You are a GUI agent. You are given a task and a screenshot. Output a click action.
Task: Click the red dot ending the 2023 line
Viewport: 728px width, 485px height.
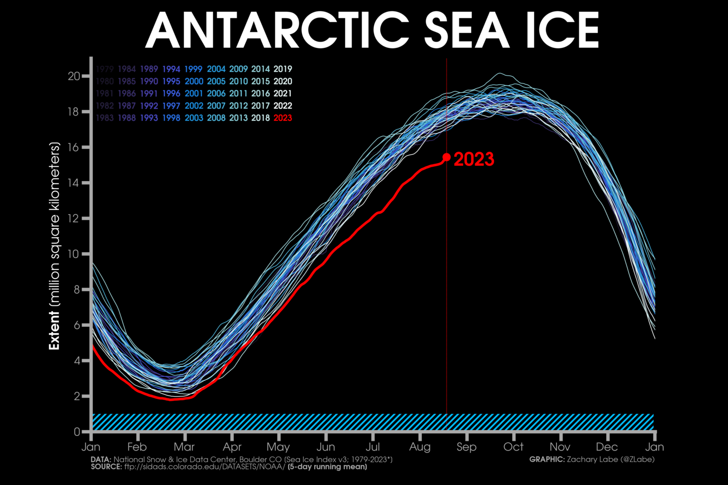(x=446, y=157)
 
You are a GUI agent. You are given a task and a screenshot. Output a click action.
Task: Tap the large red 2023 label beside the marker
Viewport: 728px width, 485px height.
(x=473, y=160)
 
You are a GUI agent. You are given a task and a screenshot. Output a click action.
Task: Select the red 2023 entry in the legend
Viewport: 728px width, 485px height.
(x=283, y=118)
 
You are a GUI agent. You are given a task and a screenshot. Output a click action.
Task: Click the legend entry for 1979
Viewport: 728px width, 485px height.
(x=105, y=69)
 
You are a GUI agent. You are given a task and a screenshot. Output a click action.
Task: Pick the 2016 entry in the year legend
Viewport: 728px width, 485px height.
(x=261, y=94)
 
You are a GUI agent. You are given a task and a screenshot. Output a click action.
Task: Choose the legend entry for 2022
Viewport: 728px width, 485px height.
(x=283, y=106)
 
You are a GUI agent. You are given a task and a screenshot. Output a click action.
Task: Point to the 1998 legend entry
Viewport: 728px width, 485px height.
(x=171, y=118)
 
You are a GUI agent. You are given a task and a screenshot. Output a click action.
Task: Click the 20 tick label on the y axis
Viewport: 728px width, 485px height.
(x=74, y=76)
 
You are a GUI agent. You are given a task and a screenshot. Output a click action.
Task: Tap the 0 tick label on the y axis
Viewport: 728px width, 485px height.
(x=77, y=432)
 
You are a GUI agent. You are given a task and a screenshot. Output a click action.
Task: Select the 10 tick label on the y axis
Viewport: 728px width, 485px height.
(x=74, y=254)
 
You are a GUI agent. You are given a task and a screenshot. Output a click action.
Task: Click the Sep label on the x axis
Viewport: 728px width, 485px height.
(x=466, y=447)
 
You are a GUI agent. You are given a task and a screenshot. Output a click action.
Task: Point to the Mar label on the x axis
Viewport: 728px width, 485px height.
(x=184, y=447)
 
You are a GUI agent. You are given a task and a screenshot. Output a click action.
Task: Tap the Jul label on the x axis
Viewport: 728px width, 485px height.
(x=373, y=447)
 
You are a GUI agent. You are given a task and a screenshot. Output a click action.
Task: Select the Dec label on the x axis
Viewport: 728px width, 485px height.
(x=607, y=447)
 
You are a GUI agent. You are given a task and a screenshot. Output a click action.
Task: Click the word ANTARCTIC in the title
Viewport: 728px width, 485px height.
(x=277, y=31)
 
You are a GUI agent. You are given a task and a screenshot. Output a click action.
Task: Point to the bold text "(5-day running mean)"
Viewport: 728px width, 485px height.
(x=327, y=467)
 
